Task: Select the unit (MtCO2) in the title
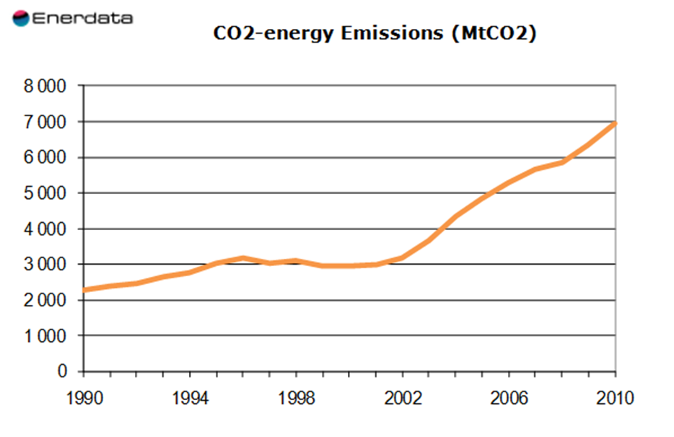(x=494, y=34)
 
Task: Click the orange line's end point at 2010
(x=615, y=123)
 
